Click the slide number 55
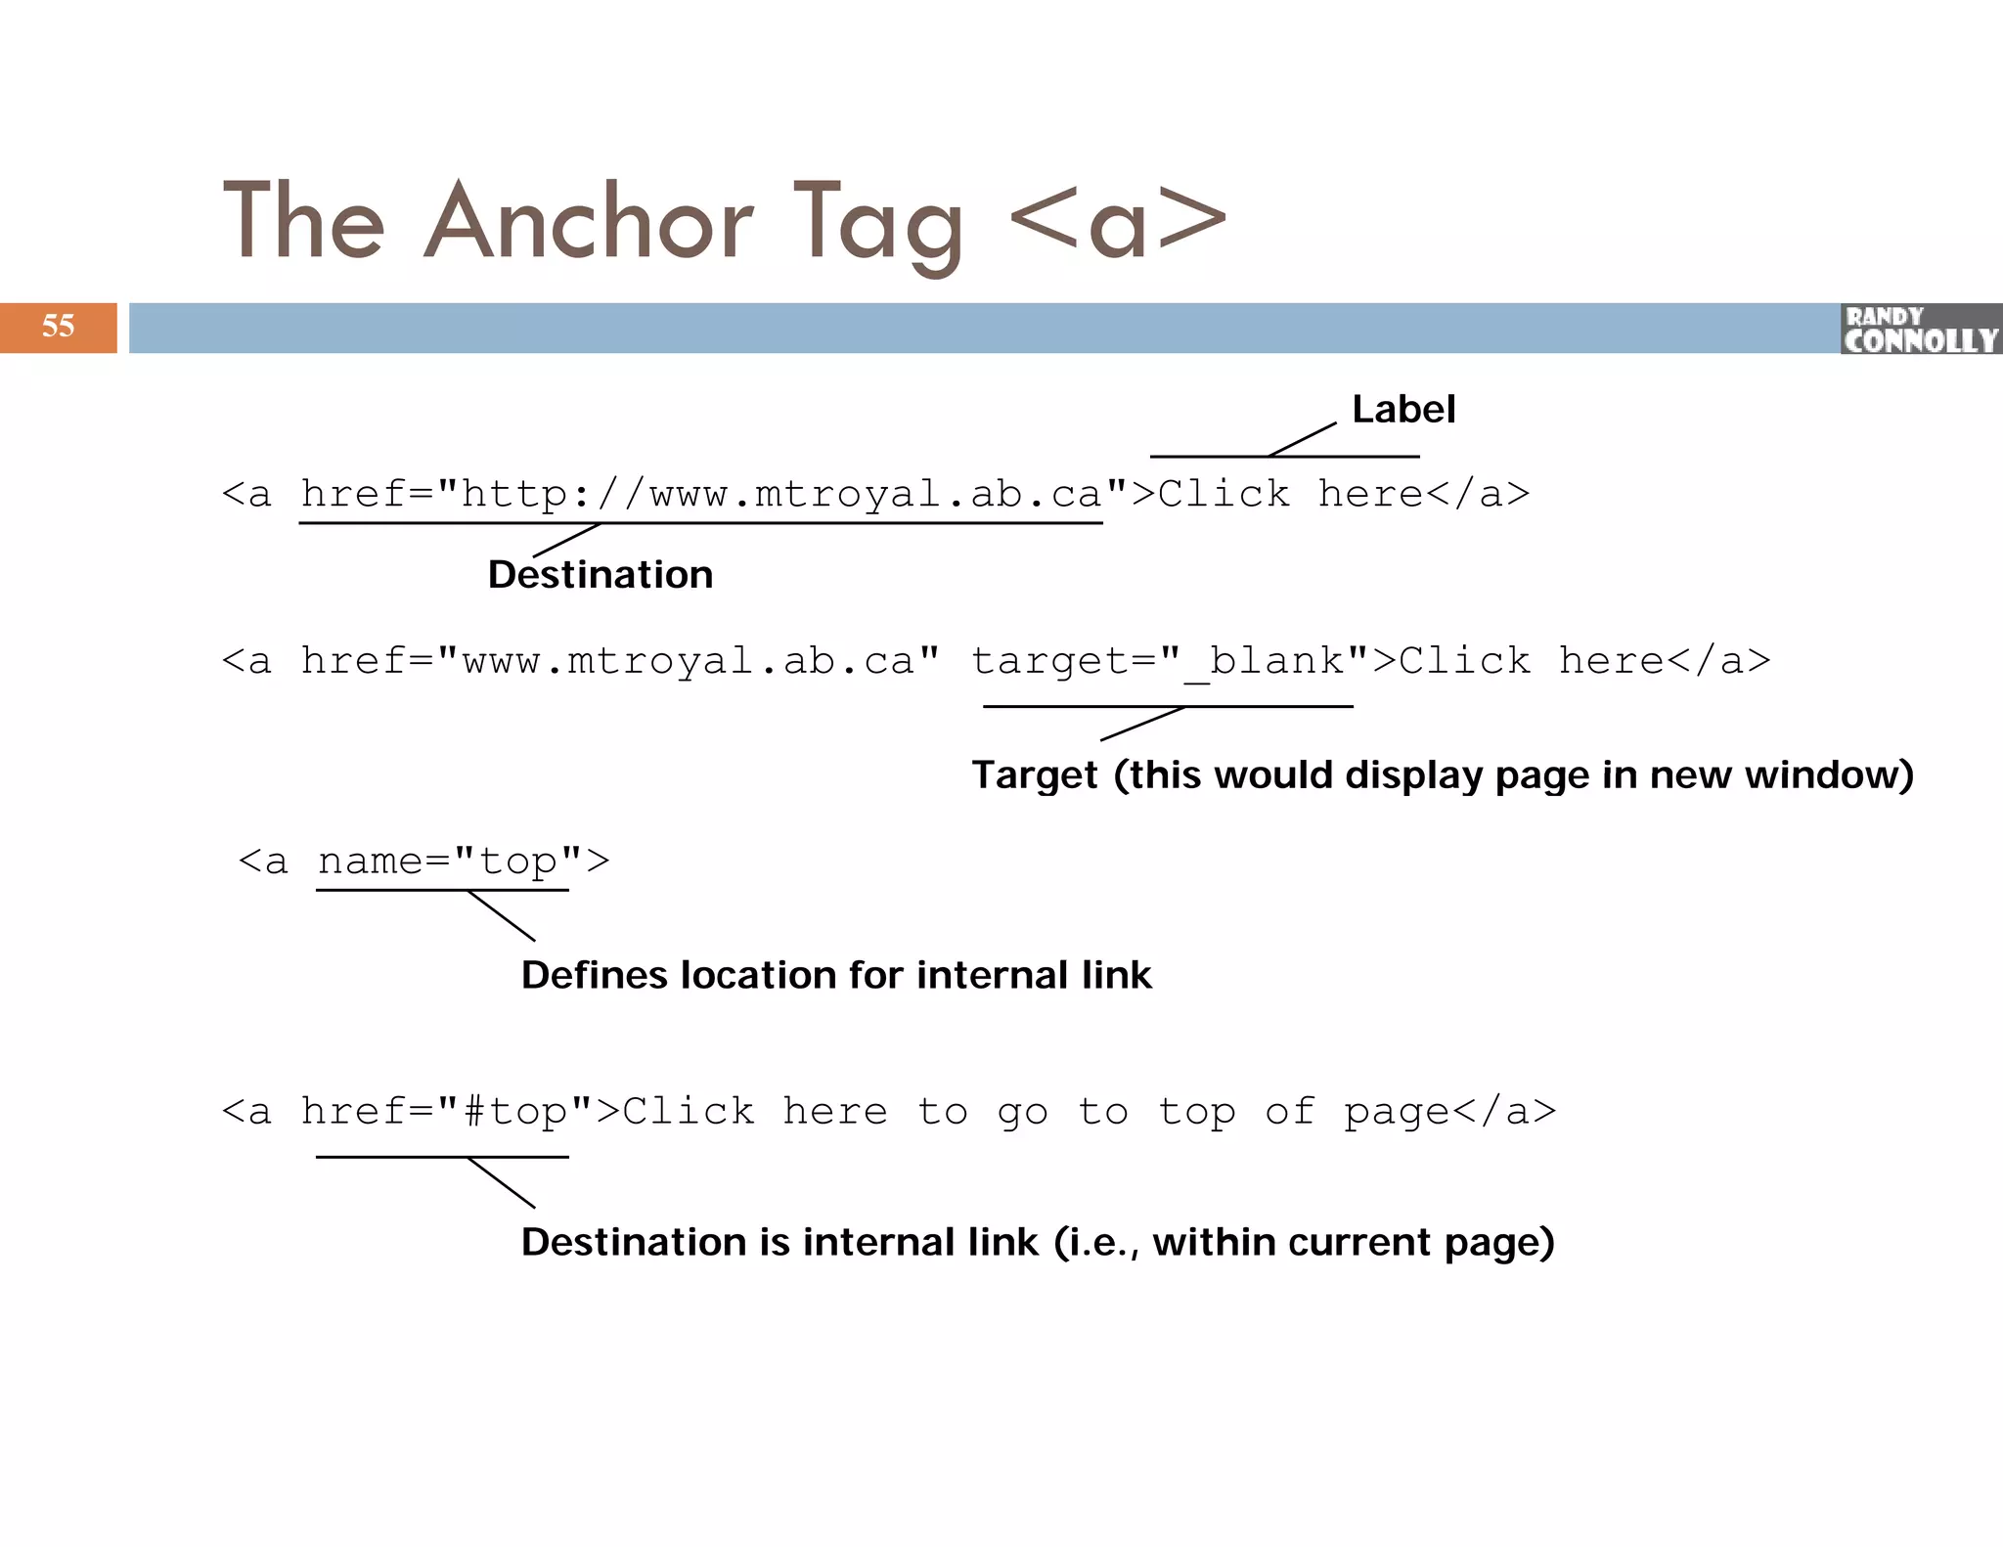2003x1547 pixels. click(x=58, y=327)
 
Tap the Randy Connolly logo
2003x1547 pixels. click(x=1920, y=330)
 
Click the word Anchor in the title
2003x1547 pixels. click(x=588, y=223)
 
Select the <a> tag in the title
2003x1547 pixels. click(x=1117, y=223)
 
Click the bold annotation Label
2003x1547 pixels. click(x=1402, y=410)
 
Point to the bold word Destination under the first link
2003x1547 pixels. click(x=601, y=575)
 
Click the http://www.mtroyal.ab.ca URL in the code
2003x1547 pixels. click(x=780, y=495)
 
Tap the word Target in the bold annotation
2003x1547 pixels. click(x=1034, y=775)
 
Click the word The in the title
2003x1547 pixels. click(x=304, y=223)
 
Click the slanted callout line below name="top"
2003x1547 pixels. click(x=502, y=916)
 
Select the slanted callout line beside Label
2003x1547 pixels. click(x=1302, y=440)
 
